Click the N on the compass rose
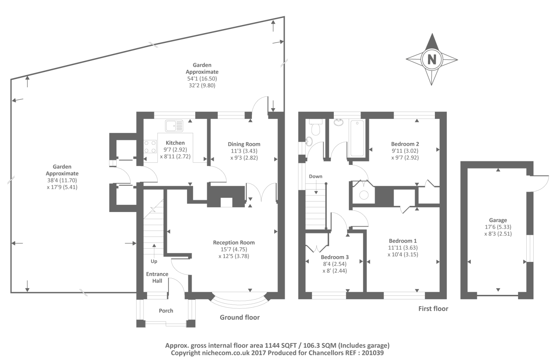432,60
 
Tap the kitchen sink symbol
174,126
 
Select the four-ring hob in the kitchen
150,147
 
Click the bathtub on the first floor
357,138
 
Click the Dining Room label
244,144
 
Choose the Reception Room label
234,243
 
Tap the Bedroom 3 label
334,257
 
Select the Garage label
498,220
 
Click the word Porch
166,311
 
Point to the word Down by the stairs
315,176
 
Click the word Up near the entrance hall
154,262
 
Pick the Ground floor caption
240,317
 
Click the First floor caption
433,308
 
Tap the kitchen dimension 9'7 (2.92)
175,149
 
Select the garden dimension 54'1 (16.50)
202,79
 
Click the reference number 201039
373,353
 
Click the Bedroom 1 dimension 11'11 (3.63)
403,247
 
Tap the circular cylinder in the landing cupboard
364,195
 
